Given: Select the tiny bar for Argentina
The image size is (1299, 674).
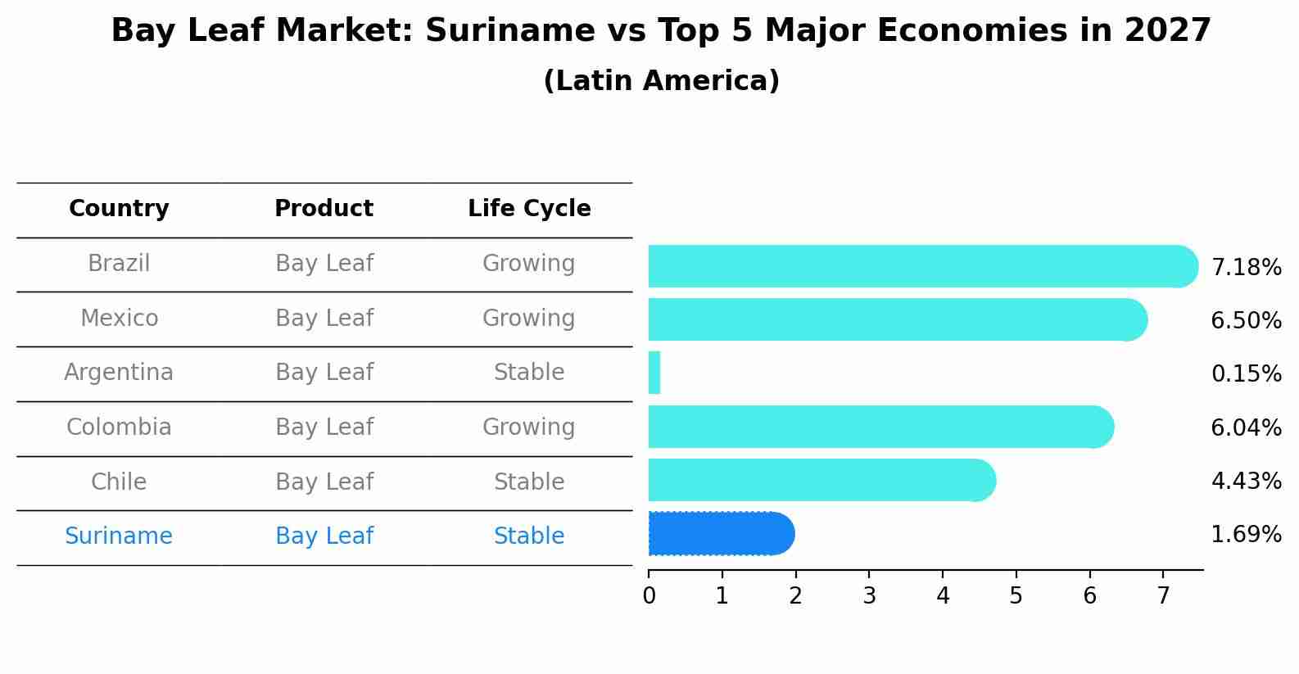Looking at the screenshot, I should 654,373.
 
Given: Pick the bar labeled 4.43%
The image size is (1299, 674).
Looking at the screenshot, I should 819,480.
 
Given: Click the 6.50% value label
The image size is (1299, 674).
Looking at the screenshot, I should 1246,320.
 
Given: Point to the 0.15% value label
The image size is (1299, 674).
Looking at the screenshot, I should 1246,374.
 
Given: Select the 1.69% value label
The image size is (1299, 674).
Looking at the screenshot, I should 1246,535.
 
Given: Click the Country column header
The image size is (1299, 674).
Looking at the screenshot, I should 119,209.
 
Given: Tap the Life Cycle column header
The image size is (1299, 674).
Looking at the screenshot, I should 529,209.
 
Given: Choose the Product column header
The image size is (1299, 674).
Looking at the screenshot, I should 324,209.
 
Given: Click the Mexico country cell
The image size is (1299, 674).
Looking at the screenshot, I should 119,318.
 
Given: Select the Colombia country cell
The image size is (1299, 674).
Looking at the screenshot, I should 119,427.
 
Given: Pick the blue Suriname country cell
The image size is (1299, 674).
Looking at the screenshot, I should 119,536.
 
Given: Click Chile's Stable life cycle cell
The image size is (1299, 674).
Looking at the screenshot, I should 529,482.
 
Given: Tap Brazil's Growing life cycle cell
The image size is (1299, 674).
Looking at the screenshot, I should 529,264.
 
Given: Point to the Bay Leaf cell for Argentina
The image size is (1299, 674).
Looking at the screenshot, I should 324,373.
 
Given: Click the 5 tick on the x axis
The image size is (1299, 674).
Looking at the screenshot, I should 1016,595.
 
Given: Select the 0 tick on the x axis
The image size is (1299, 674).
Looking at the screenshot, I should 649,595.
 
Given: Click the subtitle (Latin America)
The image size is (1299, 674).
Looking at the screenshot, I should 661,81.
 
